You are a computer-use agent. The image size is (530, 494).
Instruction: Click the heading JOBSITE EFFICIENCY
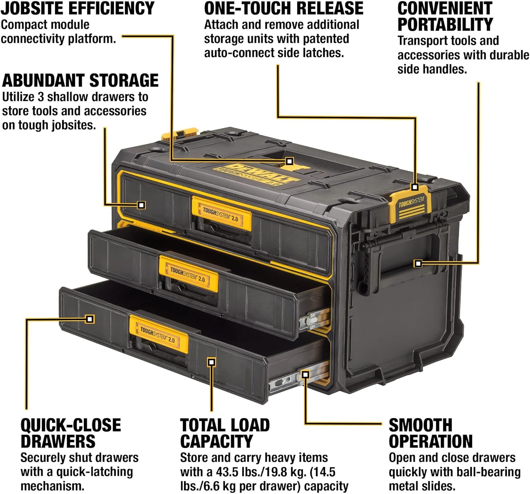pos(77,8)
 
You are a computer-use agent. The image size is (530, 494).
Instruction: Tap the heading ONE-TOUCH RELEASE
pos(284,8)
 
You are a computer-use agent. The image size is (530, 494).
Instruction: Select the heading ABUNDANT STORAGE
pos(81,81)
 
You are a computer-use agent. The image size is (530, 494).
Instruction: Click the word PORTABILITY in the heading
pos(445,25)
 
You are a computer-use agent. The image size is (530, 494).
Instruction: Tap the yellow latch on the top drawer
pos(222,213)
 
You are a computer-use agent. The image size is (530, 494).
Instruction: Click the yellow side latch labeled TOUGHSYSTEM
pos(411,205)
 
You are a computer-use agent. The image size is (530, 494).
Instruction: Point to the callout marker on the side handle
pos(418,263)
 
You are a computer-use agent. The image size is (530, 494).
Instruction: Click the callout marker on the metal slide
pos(305,375)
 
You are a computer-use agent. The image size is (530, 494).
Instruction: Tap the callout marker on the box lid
pos(289,161)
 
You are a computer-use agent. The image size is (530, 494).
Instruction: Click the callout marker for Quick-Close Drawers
pos(90,319)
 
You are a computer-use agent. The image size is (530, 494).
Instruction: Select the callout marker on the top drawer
pos(141,205)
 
